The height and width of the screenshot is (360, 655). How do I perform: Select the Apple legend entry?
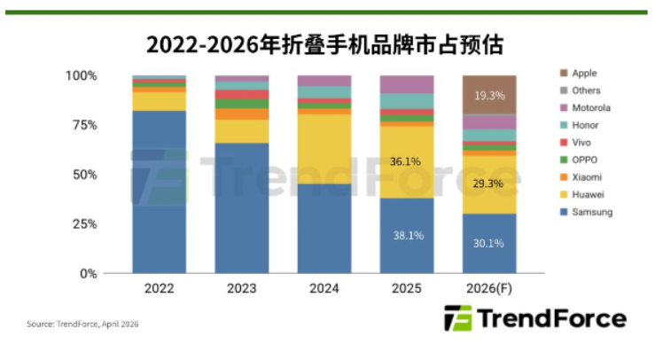point(584,74)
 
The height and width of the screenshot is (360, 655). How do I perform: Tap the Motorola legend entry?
point(591,108)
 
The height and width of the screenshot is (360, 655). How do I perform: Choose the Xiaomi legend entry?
point(588,177)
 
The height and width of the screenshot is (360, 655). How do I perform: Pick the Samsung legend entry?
point(592,212)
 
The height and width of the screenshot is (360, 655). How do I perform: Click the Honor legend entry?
point(586,125)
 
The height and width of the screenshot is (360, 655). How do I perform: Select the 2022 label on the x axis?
point(159,289)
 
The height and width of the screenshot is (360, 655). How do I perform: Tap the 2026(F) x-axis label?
point(488,289)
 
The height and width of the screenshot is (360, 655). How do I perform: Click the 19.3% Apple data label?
point(489,93)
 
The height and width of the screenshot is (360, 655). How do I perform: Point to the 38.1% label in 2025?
point(407,236)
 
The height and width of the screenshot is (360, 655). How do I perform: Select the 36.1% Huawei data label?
point(407,162)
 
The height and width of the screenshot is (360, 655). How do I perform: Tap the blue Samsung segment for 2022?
point(159,191)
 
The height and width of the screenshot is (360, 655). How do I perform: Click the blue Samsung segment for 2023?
point(241,208)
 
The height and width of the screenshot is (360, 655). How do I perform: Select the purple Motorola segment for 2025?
point(407,84)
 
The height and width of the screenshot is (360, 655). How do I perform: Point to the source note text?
point(82,325)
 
